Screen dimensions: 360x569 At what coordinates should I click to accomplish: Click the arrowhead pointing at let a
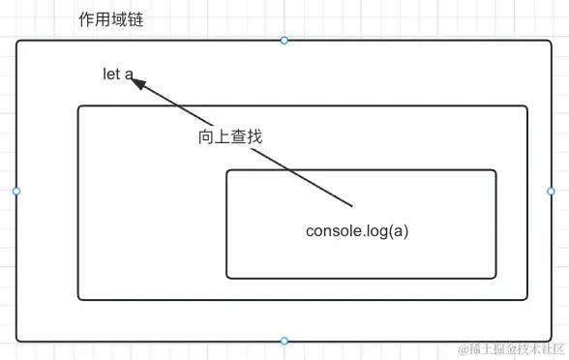(139, 84)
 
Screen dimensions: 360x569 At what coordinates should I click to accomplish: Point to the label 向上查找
(230, 137)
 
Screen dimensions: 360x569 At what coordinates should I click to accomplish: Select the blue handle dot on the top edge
(284, 40)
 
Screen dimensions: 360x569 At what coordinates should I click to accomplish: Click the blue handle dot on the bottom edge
(284, 341)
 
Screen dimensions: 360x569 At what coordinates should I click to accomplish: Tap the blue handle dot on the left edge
(16, 191)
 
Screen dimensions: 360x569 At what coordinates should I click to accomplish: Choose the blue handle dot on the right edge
(552, 191)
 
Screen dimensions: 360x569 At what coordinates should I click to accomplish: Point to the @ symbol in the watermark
(463, 348)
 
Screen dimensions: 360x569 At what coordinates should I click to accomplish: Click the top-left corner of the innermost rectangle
(227, 170)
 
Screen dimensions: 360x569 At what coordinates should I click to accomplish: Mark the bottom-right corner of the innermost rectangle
(495, 278)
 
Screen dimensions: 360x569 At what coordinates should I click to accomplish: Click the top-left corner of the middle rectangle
(79, 106)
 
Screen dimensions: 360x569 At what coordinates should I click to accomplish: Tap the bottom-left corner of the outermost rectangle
(17, 341)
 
